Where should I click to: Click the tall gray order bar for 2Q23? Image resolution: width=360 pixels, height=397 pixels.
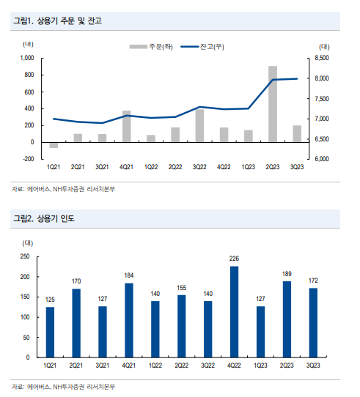(x=273, y=104)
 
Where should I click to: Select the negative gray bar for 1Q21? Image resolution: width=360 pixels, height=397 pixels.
(x=54, y=145)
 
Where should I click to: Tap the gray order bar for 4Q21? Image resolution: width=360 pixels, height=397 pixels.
(x=127, y=126)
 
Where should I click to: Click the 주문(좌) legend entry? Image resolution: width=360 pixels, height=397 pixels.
(x=151, y=47)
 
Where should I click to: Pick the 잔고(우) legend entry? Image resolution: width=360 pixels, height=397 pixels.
(x=202, y=47)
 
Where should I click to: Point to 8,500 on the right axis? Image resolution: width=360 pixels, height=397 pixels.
(x=322, y=58)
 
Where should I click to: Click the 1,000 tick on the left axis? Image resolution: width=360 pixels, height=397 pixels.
(x=27, y=58)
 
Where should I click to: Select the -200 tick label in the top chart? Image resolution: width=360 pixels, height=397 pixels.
(x=28, y=159)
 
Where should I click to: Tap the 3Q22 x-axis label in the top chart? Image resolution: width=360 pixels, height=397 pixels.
(x=199, y=167)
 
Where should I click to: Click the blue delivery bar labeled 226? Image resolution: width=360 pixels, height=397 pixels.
(x=234, y=312)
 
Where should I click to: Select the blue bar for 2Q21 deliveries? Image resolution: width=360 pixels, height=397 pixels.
(x=76, y=323)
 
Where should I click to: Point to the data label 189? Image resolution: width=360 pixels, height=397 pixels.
(x=287, y=274)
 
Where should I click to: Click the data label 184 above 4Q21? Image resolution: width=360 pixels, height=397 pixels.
(x=129, y=275)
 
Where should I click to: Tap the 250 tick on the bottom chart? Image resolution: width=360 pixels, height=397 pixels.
(x=25, y=256)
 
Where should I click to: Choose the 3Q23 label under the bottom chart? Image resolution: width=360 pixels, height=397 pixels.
(x=313, y=366)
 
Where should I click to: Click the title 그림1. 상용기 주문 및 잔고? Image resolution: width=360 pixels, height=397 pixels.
(x=57, y=21)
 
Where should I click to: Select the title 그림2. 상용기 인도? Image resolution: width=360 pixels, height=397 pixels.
(x=44, y=218)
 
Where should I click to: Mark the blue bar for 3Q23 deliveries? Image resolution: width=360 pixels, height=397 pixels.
(x=313, y=322)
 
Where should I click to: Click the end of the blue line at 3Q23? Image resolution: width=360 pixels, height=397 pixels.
(x=297, y=79)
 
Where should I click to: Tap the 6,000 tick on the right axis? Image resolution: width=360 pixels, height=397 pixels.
(x=322, y=159)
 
